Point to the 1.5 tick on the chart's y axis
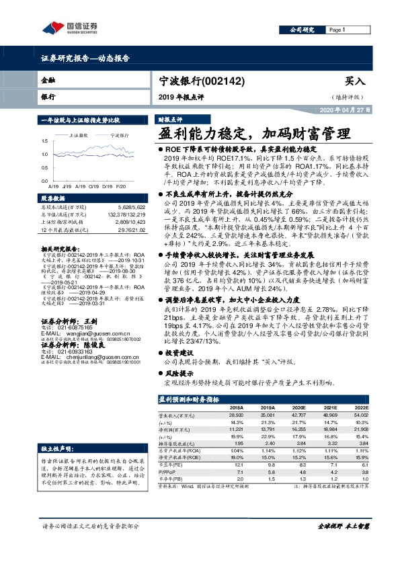[44, 141]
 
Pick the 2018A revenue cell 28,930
[235, 398]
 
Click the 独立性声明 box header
[55, 409]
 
